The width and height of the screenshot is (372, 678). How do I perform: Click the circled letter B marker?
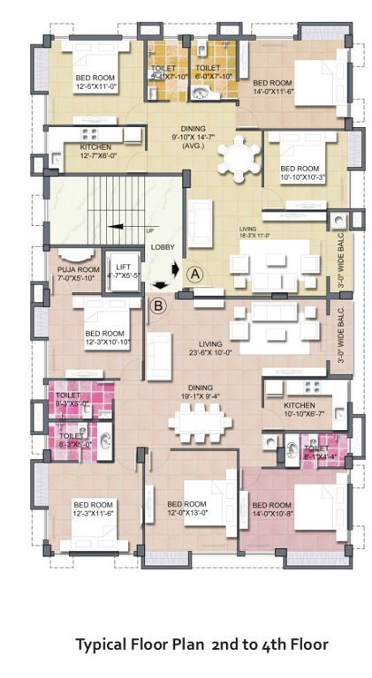(x=158, y=306)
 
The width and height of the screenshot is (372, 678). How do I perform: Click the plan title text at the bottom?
(x=201, y=645)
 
